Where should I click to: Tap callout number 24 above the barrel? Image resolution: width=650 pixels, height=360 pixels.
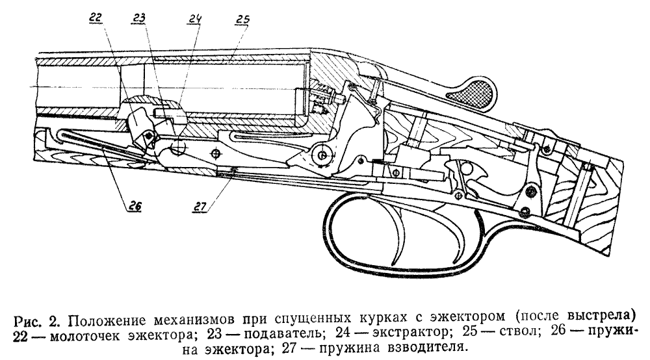[x=195, y=20]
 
